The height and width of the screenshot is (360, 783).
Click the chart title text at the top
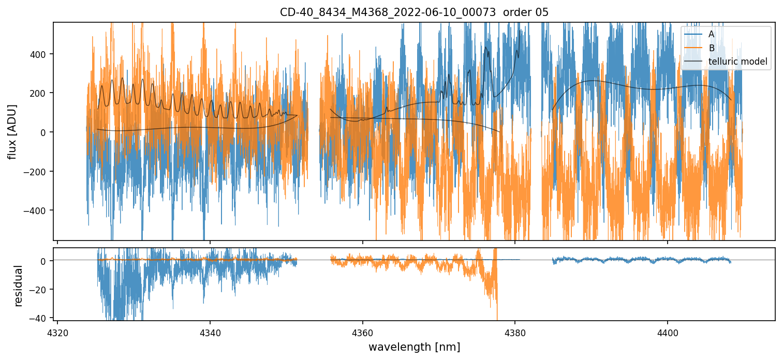[413, 12]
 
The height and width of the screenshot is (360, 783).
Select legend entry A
[711, 34]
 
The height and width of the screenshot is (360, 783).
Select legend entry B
[712, 48]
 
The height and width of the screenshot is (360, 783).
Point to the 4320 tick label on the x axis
[57, 332]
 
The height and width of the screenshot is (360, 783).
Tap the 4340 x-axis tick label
[210, 332]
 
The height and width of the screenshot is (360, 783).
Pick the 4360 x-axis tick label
[362, 332]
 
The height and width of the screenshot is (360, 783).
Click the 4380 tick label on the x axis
[515, 332]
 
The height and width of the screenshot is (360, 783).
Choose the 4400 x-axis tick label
[668, 332]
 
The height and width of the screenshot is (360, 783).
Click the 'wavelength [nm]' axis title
[414, 347]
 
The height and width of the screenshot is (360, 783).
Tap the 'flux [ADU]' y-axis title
[11, 131]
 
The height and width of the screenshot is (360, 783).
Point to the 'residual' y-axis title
[19, 286]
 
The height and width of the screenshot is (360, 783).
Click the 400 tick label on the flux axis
[39, 54]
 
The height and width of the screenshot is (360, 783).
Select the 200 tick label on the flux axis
[39, 93]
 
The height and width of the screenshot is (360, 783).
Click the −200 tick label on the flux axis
[37, 171]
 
